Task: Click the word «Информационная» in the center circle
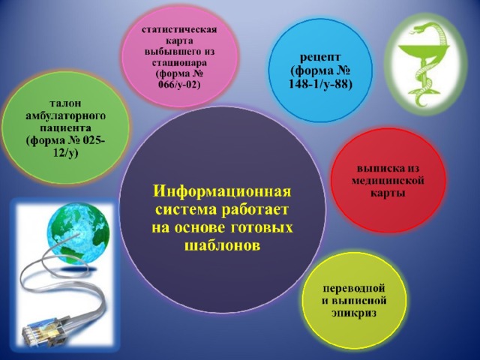click(222, 192)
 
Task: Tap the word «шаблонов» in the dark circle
click(222, 246)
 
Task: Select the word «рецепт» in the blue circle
click(320, 58)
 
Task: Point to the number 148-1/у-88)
click(320, 84)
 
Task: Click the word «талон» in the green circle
click(65, 103)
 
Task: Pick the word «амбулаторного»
click(65, 115)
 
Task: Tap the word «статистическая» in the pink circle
click(179, 30)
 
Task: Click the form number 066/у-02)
click(179, 84)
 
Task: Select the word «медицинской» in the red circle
click(388, 181)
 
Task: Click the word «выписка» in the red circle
click(388, 168)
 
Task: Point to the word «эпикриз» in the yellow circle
click(354, 313)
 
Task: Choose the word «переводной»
click(354, 288)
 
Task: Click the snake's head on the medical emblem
click(417, 30)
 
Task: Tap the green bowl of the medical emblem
click(424, 51)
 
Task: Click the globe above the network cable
click(78, 233)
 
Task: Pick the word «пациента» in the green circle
click(65, 128)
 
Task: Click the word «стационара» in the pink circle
click(179, 62)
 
